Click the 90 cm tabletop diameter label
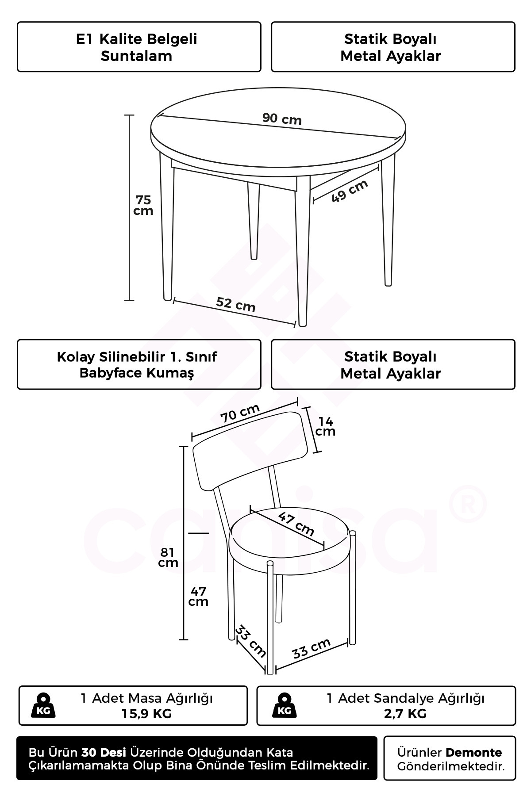point(282,119)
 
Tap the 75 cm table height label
point(143,205)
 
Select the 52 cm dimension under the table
point(236,304)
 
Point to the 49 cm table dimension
point(350,191)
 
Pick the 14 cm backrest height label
point(325,427)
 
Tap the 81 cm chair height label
point(168,557)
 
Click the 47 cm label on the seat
point(296,524)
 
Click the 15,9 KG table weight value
point(146,713)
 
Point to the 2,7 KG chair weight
point(405,713)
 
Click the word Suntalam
point(136,56)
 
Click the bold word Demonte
point(473,753)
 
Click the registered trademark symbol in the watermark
point(468,504)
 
